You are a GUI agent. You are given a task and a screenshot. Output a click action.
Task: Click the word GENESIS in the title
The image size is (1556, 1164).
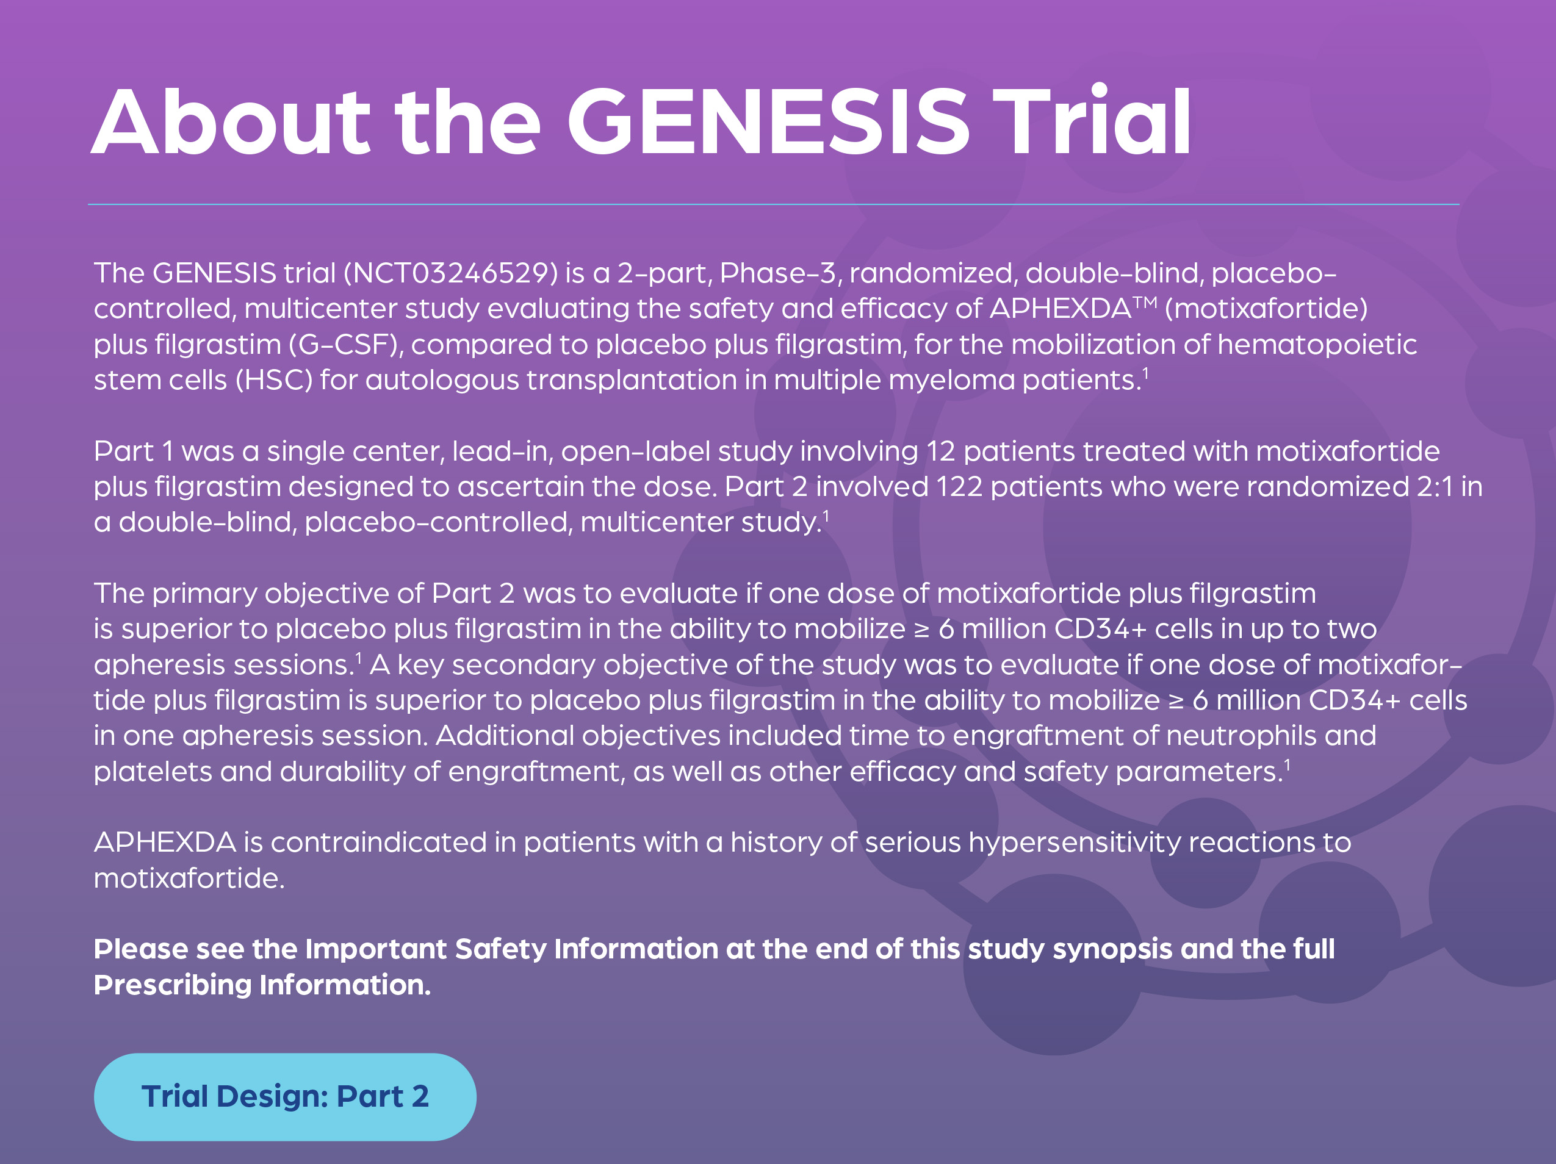[x=769, y=121]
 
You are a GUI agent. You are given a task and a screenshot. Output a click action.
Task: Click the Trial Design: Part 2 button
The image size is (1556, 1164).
[x=285, y=1096]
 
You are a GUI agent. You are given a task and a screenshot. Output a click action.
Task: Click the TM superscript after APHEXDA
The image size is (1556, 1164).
[x=1145, y=303]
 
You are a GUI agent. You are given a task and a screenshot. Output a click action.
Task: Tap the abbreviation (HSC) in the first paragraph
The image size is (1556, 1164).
[x=273, y=380]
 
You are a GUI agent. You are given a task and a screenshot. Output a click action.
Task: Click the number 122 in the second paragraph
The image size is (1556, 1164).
[x=959, y=487]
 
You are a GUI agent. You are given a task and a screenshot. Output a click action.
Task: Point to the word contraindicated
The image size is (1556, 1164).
[x=378, y=842]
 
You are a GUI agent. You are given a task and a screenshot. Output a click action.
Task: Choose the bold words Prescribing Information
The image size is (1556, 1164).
[x=262, y=985]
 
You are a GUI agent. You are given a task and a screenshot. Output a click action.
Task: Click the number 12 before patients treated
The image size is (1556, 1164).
[x=940, y=451]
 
